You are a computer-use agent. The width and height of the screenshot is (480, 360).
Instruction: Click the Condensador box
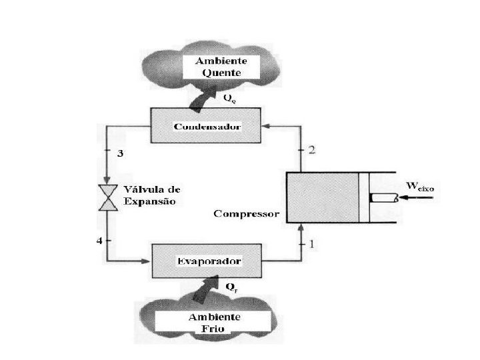tap(206, 127)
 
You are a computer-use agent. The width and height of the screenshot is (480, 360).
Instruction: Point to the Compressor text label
tap(247, 214)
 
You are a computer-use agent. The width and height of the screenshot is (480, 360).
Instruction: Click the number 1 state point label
tap(312, 244)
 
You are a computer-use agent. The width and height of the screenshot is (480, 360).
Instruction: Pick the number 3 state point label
tap(120, 153)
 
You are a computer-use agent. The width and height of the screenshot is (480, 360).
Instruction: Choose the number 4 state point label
tap(100, 240)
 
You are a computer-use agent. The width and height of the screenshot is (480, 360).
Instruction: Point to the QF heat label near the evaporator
tap(231, 289)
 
